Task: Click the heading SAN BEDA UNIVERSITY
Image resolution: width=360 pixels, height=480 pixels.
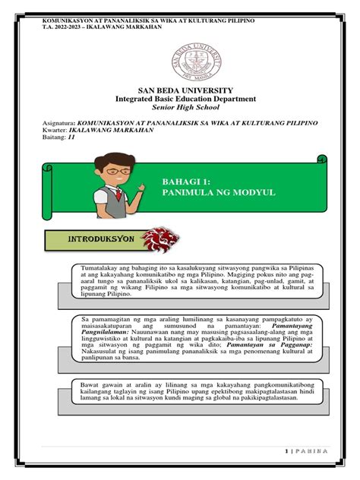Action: point(180,90)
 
